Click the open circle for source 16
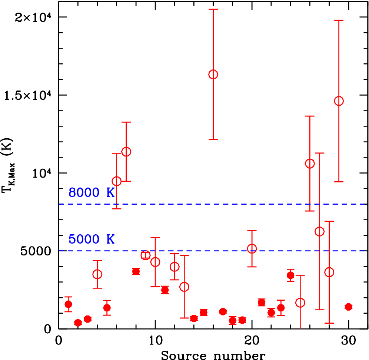(x=213, y=75)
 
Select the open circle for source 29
(x=339, y=101)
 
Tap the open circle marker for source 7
(x=126, y=152)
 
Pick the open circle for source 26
(x=310, y=164)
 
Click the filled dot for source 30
(x=348, y=307)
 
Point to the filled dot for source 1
(x=68, y=304)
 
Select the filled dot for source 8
(x=136, y=271)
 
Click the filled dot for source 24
(x=290, y=275)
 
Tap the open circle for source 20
(x=252, y=248)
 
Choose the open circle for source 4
(x=97, y=274)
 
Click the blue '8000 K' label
(x=91, y=193)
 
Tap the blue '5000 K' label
(x=91, y=239)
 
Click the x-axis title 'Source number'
(x=213, y=355)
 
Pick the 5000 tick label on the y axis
(x=39, y=251)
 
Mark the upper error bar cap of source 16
(x=213, y=9)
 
